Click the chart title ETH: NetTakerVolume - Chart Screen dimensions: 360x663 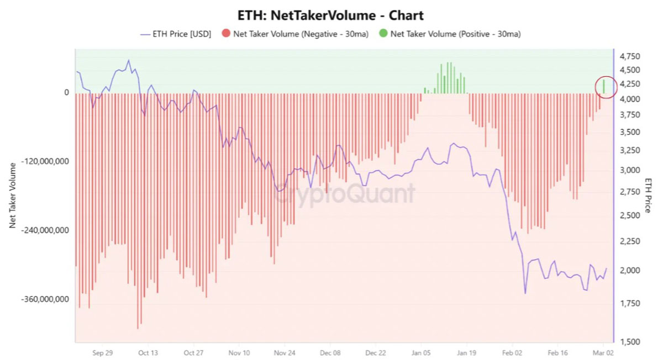[x=331, y=15]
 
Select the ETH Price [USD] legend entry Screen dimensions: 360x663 [x=176, y=34]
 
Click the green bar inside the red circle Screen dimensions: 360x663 [x=604, y=86]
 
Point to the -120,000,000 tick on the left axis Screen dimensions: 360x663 [x=45, y=161]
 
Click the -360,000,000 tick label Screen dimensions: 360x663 [x=45, y=299]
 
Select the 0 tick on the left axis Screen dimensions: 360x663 [x=66, y=93]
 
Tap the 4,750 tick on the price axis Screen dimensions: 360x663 [x=630, y=57]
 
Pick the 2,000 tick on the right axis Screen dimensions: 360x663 [x=630, y=271]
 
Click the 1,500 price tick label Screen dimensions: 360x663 [x=630, y=342]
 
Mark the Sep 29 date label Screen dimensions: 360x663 [x=102, y=352]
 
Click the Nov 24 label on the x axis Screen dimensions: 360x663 [x=285, y=352]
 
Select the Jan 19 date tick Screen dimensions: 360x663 [x=467, y=352]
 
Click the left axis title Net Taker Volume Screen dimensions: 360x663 [x=12, y=196]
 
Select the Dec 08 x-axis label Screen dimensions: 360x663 [x=330, y=352]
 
